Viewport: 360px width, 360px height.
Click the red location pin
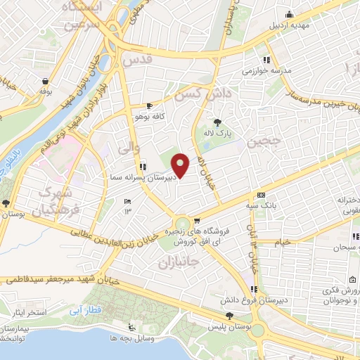coord(181,166)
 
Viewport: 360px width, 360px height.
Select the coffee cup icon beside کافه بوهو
coord(149,105)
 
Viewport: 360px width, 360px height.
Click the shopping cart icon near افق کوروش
coord(198,221)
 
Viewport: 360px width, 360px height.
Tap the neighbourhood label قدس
coord(136,61)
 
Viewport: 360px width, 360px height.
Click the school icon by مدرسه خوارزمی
coord(266,60)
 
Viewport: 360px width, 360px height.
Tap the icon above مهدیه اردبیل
coord(288,14)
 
